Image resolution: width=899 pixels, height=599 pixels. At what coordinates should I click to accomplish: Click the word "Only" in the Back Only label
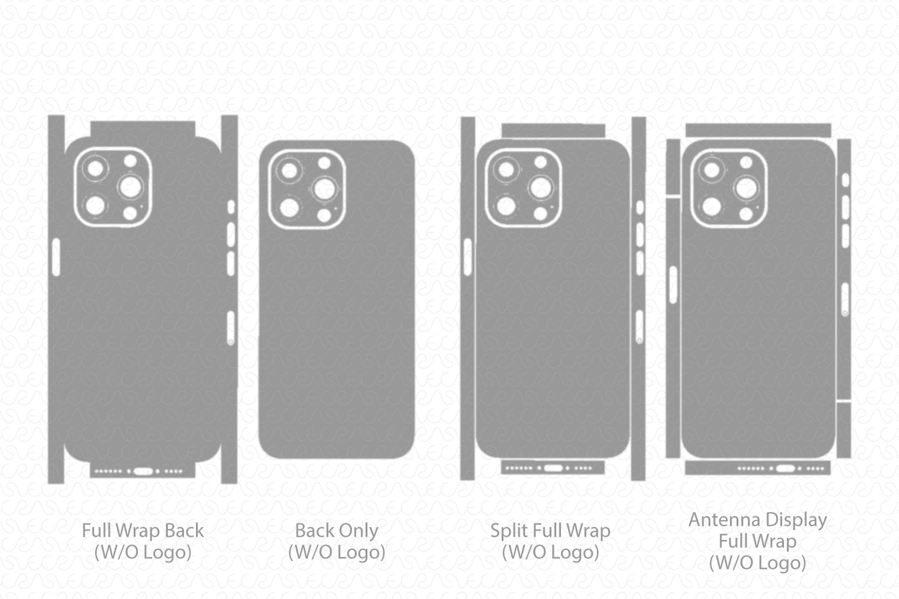tap(359, 531)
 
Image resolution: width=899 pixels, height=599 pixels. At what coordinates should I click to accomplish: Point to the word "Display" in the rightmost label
tap(796, 519)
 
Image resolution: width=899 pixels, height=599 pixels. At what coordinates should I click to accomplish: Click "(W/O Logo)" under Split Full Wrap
tap(550, 552)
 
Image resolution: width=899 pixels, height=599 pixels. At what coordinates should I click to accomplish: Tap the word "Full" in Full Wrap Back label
tap(98, 531)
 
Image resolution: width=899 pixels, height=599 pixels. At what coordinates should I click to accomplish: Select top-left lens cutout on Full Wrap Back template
tap(95, 168)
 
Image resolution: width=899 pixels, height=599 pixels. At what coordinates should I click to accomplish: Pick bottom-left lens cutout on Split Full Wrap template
tap(506, 207)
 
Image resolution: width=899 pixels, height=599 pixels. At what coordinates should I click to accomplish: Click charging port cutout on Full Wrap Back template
tap(143, 471)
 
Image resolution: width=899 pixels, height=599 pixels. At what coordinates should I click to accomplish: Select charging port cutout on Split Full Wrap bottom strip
tap(553, 468)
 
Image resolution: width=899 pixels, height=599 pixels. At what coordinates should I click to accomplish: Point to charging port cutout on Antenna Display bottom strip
tap(783, 468)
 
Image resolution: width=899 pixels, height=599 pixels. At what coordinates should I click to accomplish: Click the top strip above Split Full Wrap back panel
tap(553, 130)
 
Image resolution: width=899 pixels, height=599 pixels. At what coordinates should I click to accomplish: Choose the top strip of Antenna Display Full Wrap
tap(758, 130)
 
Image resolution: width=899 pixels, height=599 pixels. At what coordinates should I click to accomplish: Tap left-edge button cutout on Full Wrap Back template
tap(56, 257)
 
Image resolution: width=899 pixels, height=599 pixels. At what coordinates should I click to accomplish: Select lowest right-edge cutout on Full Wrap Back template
tap(230, 328)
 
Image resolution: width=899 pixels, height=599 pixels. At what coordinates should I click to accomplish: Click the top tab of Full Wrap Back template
tap(143, 128)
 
